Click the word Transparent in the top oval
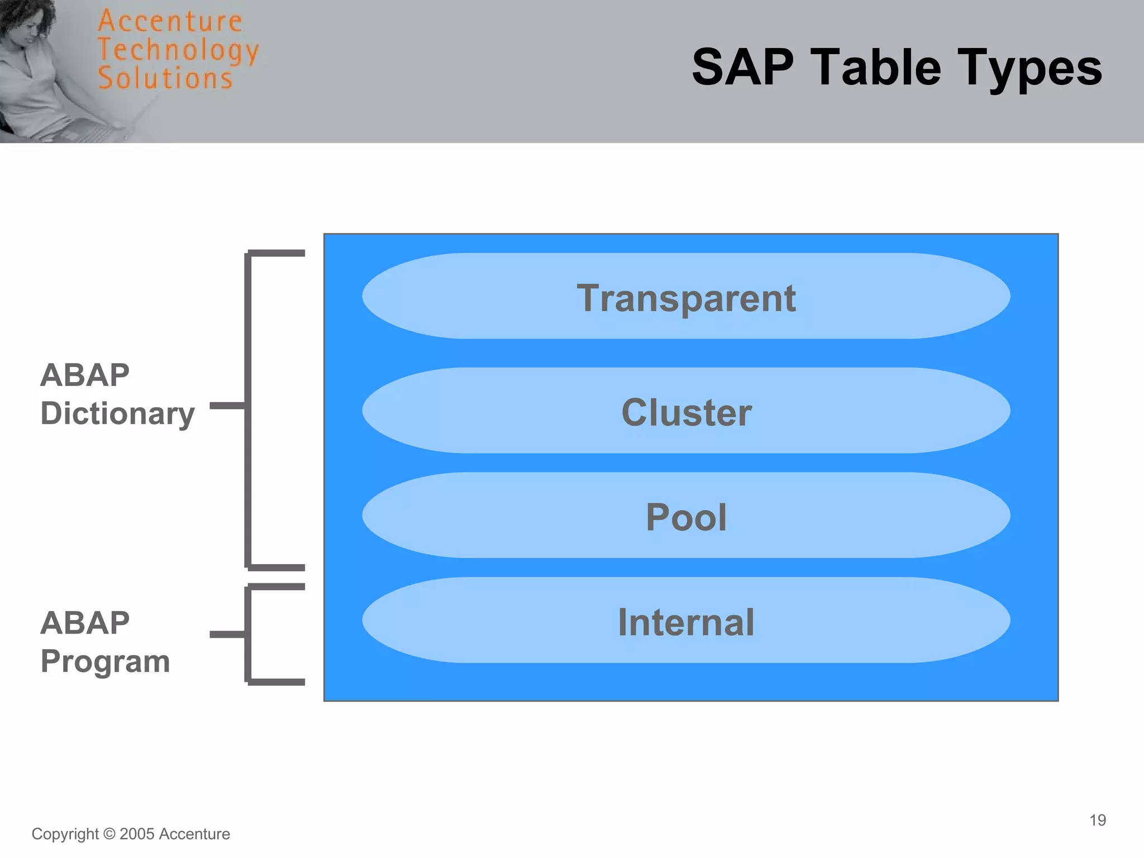click(686, 298)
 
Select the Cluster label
click(686, 413)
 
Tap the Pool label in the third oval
click(686, 517)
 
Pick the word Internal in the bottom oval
click(686, 622)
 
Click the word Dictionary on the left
click(117, 414)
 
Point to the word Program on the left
click(105, 662)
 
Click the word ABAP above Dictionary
click(85, 375)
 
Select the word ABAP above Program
click(85, 623)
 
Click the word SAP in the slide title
click(742, 68)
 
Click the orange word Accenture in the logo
click(170, 22)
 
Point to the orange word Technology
click(178, 50)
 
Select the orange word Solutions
click(165, 78)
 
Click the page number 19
click(1097, 820)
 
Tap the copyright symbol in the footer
click(109, 834)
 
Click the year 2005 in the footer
click(137, 834)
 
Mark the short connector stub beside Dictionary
click(227, 406)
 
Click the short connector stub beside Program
click(227, 634)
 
